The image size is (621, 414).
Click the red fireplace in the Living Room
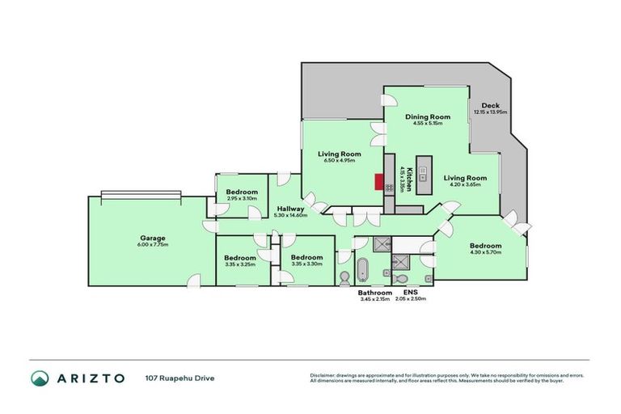(378, 181)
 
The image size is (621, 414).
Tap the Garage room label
(151, 238)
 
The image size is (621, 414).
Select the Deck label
(490, 106)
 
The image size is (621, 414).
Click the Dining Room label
(429, 117)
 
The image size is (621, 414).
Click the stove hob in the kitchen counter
(390, 188)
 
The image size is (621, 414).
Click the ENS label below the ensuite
(409, 293)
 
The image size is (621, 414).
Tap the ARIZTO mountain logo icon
(40, 378)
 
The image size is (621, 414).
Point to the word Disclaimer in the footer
(323, 374)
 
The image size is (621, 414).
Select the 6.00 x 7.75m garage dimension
(151, 244)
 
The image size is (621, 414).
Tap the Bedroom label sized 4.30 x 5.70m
(485, 246)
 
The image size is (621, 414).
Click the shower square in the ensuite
(400, 260)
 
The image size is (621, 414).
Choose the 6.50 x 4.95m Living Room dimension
(339, 160)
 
